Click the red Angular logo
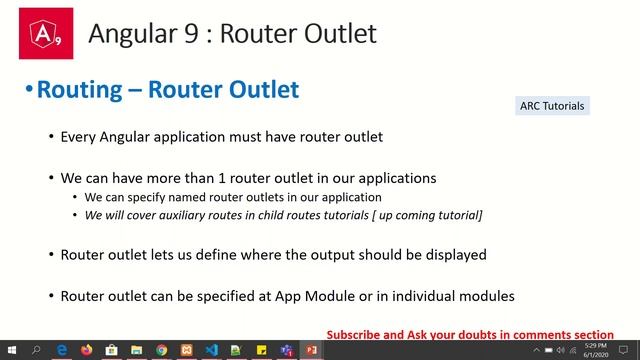(45, 32)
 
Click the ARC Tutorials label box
(552, 106)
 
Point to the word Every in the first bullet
(80, 136)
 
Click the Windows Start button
(11, 351)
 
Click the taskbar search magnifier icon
(36, 351)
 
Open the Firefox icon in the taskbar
(87, 351)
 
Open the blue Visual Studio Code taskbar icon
(211, 351)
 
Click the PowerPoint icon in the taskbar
(311, 351)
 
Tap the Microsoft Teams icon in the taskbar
(286, 351)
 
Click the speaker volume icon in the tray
(562, 351)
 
